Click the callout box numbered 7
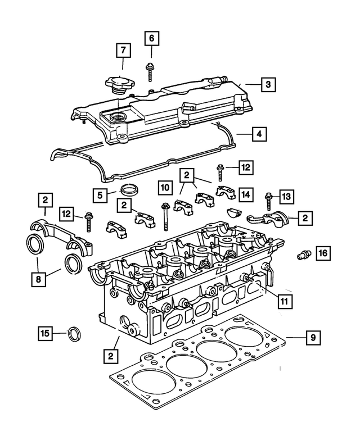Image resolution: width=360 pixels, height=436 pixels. tap(124, 51)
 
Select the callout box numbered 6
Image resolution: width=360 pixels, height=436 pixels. tap(151, 39)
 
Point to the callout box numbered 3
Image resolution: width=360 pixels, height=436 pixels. tap(268, 85)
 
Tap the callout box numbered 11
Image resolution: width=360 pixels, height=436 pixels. tap(285, 301)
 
